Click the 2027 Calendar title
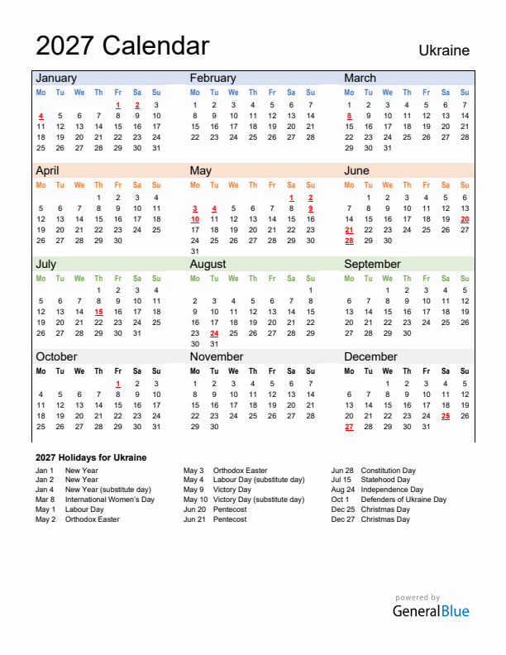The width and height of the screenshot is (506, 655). [x=122, y=45]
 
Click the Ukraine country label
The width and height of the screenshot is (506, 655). [x=443, y=50]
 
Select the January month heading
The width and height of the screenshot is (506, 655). [x=55, y=78]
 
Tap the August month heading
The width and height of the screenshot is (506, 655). [x=208, y=264]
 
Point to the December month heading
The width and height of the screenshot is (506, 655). [x=370, y=356]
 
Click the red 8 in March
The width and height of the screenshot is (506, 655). [x=349, y=116]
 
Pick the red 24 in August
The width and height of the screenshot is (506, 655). [x=214, y=333]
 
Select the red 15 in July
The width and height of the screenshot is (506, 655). [x=98, y=312]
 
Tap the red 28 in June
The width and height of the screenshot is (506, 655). [x=349, y=241]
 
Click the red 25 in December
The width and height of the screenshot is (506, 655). [x=446, y=416]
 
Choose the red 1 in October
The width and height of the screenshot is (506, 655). [x=118, y=384]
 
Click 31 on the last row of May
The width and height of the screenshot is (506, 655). [x=195, y=251]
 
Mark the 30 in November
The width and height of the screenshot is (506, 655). [x=214, y=427]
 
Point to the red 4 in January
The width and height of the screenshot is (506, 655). [x=41, y=116]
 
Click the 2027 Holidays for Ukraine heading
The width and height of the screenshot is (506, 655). [x=91, y=457]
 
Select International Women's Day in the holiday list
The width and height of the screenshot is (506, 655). [x=109, y=500]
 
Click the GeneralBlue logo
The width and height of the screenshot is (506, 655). [x=430, y=611]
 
